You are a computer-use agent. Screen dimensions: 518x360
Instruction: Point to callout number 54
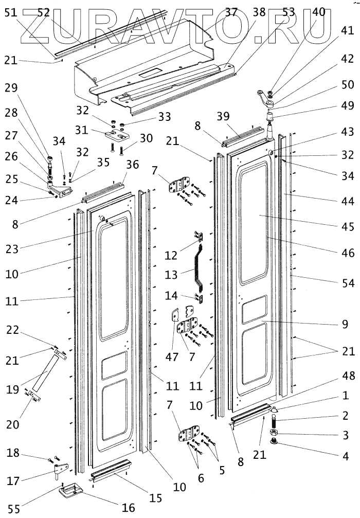pyautogui.click(x=348, y=283)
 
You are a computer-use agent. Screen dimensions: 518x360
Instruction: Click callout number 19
pyautogui.click(x=12, y=389)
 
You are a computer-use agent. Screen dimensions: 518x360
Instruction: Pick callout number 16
pyautogui.click(x=129, y=508)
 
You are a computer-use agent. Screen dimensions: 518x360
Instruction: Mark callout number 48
pyautogui.click(x=348, y=377)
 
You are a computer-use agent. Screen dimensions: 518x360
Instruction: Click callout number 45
pyautogui.click(x=348, y=226)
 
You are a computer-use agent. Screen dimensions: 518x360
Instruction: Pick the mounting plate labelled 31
pyautogui.click(x=117, y=134)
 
